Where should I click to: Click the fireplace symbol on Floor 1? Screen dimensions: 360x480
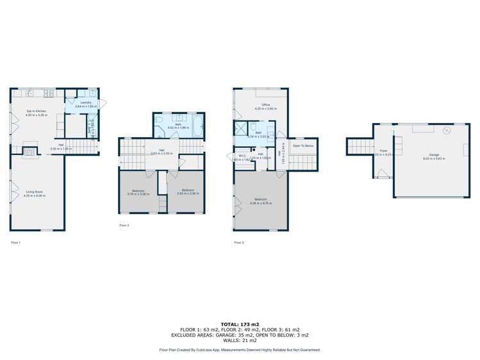(x=29, y=152)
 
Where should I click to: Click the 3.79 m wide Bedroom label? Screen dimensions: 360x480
(x=137, y=191)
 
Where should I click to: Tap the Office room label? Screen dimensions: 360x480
(x=265, y=106)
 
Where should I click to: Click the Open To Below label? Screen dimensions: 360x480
(x=302, y=145)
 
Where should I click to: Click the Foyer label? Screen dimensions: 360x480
(x=383, y=152)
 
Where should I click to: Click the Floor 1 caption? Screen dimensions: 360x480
(x=16, y=243)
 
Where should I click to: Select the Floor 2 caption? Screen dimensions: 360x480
(x=124, y=225)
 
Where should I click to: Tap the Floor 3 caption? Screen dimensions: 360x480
(x=238, y=243)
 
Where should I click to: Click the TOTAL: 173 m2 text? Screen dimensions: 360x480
(x=239, y=325)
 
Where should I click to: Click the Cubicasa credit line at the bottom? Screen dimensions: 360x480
(x=239, y=350)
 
